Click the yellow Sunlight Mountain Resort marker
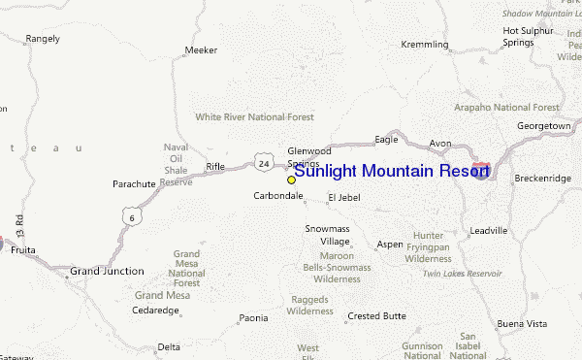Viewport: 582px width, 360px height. (x=291, y=180)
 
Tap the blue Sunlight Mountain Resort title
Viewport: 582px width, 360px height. (x=391, y=172)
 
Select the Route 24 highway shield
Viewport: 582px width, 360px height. (x=264, y=164)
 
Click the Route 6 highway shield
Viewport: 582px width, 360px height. (x=129, y=218)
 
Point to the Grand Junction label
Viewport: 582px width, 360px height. (x=107, y=271)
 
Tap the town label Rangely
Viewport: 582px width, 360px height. (x=43, y=39)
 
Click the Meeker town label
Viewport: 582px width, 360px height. (x=201, y=49)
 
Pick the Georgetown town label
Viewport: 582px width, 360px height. (x=543, y=126)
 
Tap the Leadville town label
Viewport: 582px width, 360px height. (x=488, y=231)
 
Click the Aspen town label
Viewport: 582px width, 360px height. (x=389, y=245)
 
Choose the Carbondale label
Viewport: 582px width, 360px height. (x=278, y=196)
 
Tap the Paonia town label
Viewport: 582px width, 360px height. (x=253, y=317)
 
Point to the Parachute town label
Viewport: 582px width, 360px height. (x=134, y=183)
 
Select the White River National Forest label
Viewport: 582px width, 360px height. (x=254, y=116)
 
